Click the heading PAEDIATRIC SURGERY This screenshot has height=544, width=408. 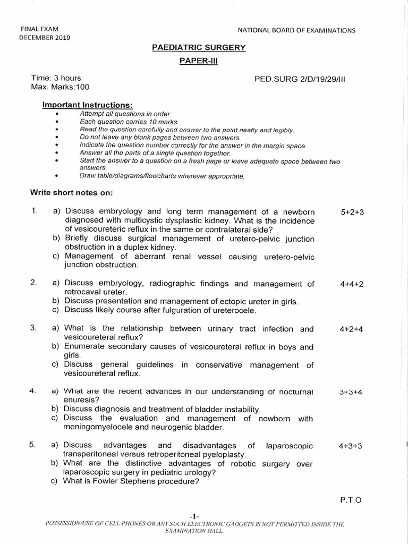pos(199,48)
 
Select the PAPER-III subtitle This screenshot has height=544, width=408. pos(199,61)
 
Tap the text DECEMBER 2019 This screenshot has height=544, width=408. pos(45,37)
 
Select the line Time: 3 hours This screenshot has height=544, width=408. pos(56,78)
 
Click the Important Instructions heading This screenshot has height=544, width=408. pos(83,105)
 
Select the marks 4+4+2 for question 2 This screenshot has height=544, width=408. pos(352,284)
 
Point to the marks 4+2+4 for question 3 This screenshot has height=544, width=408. pos(352,329)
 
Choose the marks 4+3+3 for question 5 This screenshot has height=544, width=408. pos(350,446)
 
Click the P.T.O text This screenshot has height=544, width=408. pos(350,500)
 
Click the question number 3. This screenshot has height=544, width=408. pos(33,329)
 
